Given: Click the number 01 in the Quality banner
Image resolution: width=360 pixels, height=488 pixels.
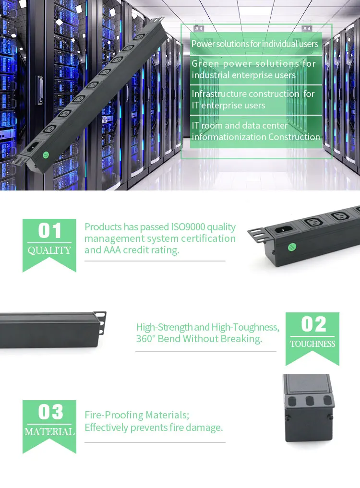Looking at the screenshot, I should click(49, 231).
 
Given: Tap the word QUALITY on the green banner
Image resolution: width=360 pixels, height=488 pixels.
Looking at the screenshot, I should click(49, 250).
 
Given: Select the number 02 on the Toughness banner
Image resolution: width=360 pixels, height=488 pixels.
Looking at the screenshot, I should click(313, 325).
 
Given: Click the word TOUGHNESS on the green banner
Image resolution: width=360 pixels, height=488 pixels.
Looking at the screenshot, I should click(312, 344).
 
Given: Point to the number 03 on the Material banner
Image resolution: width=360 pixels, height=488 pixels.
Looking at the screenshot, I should click(50, 412).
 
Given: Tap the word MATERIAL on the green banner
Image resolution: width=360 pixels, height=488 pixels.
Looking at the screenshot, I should click(49, 432).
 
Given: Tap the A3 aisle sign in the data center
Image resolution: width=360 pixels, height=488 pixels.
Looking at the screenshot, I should click(198, 29).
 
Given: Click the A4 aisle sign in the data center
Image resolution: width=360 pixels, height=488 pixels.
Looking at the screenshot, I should click(307, 29).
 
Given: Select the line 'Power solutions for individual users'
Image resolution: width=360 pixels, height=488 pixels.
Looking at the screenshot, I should click(255, 44).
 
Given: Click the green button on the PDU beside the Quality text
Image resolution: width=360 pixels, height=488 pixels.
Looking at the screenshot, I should click(291, 247).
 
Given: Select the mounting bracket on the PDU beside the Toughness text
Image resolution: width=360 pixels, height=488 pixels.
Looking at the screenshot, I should click(100, 322).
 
